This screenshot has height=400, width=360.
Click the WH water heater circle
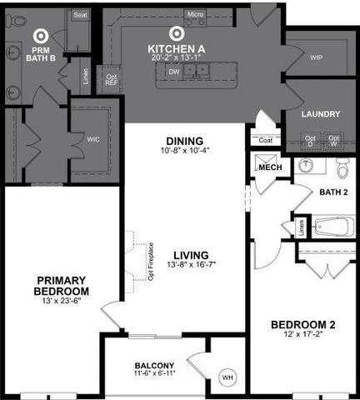click(227, 378)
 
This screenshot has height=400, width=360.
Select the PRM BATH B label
click(39, 52)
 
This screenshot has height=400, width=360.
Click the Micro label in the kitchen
click(195, 14)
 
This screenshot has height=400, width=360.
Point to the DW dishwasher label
click(174, 72)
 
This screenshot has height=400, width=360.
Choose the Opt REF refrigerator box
click(112, 80)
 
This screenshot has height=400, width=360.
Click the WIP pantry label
click(316, 58)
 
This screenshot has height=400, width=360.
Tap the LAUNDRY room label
click(321, 114)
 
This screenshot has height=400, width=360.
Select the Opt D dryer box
click(310, 142)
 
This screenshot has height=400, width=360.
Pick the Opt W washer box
click(333, 142)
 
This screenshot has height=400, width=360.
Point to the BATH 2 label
click(333, 192)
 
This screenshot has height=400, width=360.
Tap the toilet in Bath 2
click(342, 168)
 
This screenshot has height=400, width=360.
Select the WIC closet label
click(93, 140)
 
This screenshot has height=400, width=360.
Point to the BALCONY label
click(154, 366)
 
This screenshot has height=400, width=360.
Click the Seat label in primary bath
click(80, 15)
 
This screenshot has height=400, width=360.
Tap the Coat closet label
click(266, 140)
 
